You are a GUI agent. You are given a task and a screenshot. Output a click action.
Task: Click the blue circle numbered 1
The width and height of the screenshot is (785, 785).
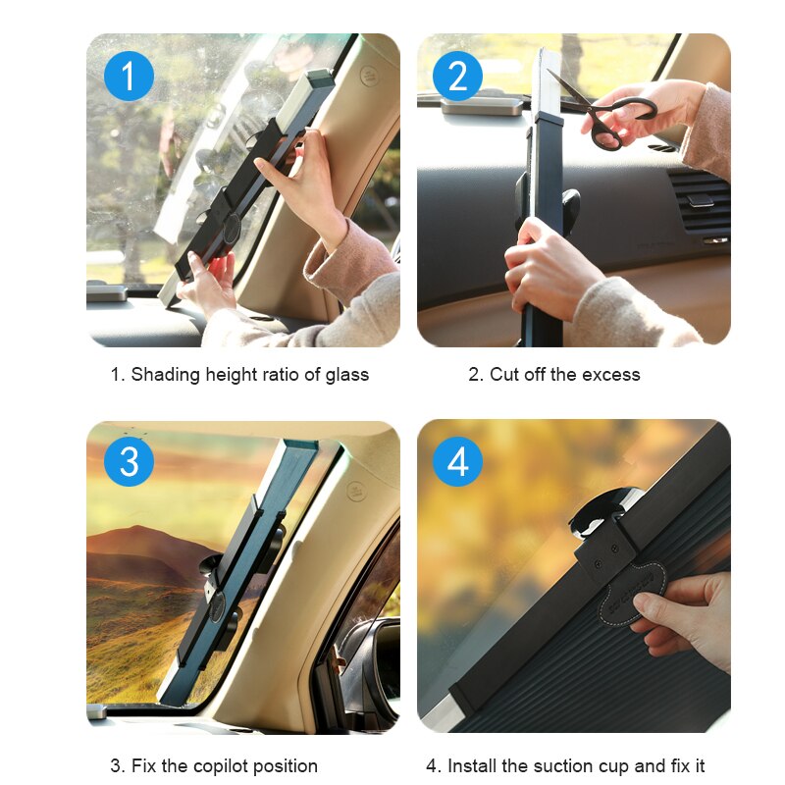[x=129, y=76]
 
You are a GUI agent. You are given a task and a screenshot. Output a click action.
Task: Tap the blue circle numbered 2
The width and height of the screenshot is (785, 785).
[x=457, y=76]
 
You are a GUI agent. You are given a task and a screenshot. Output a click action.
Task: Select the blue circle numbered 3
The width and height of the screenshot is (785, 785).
[x=129, y=461]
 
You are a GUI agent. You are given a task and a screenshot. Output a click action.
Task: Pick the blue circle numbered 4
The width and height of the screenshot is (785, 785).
[x=457, y=461]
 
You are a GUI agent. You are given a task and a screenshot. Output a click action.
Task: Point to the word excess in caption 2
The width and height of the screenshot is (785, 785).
[x=609, y=374]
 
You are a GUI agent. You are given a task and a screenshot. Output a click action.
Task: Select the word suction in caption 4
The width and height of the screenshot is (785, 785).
[x=553, y=766]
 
